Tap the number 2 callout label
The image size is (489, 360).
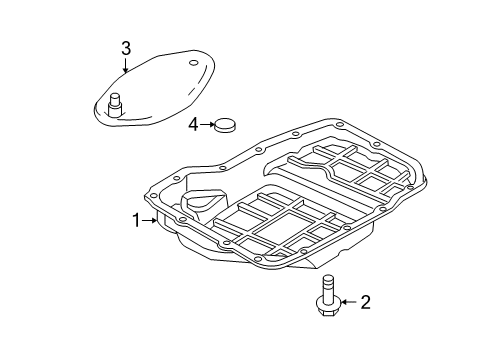tap(365, 300)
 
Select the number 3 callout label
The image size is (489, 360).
tap(126, 48)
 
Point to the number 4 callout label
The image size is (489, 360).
tap(192, 124)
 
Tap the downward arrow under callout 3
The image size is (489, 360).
tap(126, 66)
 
